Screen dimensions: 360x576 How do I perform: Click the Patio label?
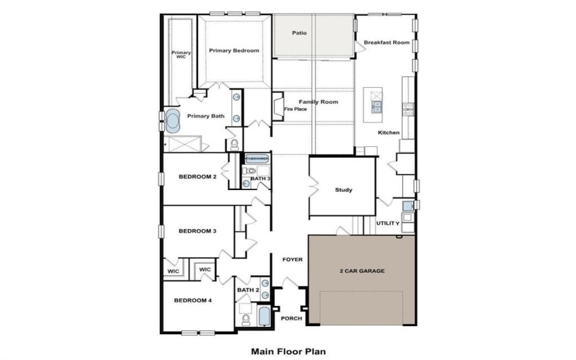coord(300,33)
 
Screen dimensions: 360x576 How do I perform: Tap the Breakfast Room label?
coord(387,42)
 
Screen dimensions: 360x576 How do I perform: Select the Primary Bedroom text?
coord(234,50)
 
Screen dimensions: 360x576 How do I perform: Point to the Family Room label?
coord(319,102)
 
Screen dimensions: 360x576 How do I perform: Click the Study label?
coord(343,190)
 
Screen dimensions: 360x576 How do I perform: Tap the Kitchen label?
coord(389,132)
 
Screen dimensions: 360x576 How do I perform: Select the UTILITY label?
coord(388,223)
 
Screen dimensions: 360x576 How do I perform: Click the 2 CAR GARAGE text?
coord(362,271)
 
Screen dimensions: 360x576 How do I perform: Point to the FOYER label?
coord(292,259)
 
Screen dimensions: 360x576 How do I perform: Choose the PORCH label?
coord(291,318)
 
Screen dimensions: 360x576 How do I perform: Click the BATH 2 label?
coord(248,289)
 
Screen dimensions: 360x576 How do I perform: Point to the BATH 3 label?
coord(260,178)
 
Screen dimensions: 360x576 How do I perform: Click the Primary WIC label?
coord(181,55)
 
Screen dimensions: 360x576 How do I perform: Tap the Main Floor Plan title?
coord(288,352)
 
